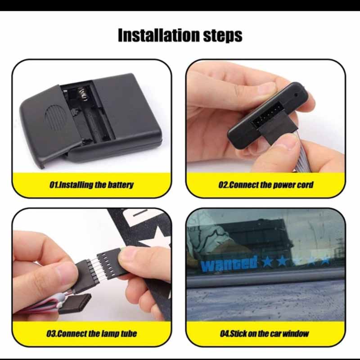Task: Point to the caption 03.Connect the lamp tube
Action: (91, 333)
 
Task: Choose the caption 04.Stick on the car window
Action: (265, 333)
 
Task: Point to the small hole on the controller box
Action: (296, 95)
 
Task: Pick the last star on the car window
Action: (325, 260)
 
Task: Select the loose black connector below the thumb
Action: (74, 304)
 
